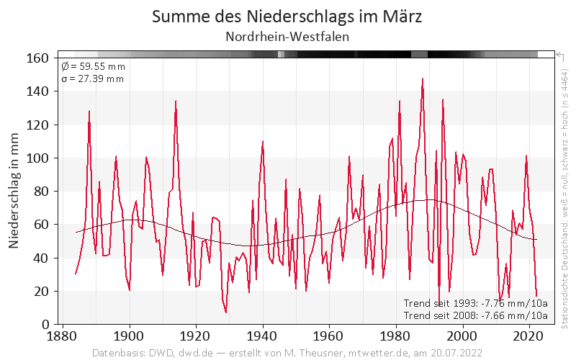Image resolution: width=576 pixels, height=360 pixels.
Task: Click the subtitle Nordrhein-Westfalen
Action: coord(287,36)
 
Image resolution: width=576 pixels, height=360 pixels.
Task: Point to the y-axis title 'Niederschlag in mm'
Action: coord(14,191)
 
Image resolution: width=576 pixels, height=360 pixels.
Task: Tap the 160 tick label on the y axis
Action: coord(37,58)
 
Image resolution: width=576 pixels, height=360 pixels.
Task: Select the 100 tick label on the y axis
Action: coord(37,158)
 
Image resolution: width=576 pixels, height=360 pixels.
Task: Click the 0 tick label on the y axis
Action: coord(44,324)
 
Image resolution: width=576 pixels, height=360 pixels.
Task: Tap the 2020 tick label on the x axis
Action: coord(528,336)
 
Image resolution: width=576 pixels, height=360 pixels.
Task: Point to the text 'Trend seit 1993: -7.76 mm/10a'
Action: coord(475,302)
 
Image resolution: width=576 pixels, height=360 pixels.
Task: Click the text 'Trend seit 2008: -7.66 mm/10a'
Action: coord(475,315)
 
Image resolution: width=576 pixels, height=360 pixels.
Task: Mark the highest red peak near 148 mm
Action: coord(423,78)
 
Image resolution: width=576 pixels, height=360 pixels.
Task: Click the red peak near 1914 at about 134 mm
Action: coord(176,101)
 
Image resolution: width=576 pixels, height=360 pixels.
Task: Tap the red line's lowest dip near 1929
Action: coord(226,312)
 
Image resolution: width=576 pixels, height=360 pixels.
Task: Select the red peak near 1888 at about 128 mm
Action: coord(89,111)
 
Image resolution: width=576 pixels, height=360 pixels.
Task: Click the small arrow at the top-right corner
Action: coord(558,54)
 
